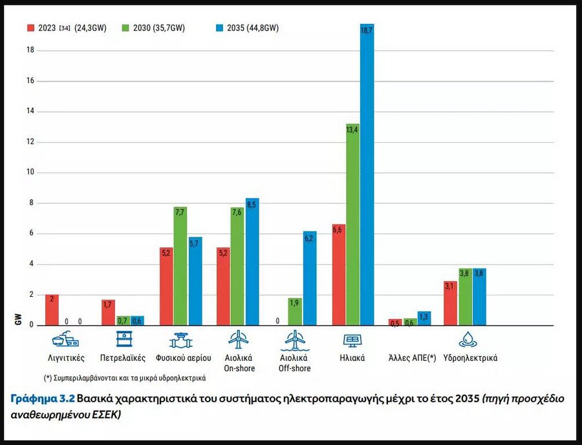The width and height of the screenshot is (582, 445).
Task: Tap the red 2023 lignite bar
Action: click(52, 310)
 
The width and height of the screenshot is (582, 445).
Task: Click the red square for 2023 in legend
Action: click(30, 28)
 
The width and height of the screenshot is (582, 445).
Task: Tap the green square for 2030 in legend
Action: click(126, 28)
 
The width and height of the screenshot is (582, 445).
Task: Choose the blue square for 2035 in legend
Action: click(219, 28)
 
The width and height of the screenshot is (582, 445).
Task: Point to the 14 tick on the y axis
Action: click(30, 111)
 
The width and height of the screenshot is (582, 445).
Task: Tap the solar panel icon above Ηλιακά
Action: click(352, 339)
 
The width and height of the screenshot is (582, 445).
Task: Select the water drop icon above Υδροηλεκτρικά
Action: click(466, 339)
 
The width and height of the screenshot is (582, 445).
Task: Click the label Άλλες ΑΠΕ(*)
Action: click(413, 358)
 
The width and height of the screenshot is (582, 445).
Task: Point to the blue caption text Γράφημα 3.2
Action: click(42, 398)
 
